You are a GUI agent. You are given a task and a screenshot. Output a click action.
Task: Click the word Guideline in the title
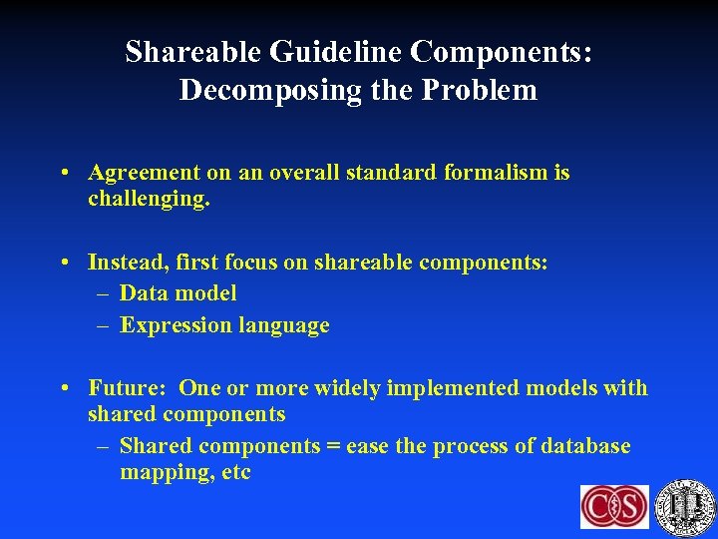point(318,52)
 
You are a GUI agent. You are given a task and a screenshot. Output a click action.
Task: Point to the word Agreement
point(144,173)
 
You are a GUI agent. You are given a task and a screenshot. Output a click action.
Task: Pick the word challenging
point(149,199)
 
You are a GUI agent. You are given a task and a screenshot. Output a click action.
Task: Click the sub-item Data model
point(178,293)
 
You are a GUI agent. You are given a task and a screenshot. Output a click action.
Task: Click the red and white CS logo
point(614,506)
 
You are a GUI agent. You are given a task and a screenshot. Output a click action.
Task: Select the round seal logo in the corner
point(686,505)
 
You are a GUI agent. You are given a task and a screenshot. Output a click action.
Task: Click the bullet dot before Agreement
point(64,174)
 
